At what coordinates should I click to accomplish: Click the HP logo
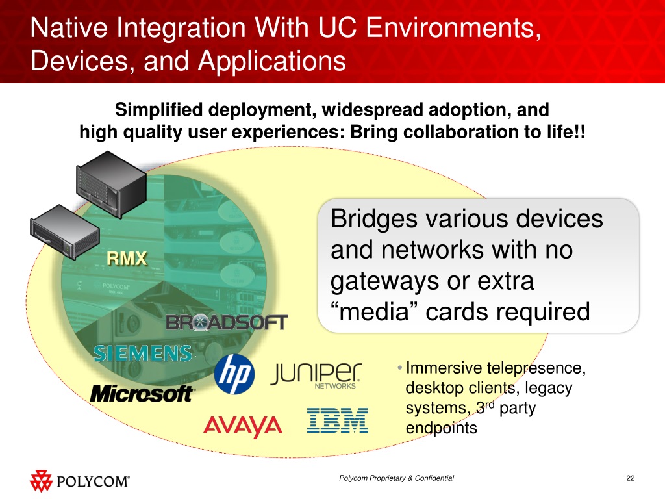coord(234,374)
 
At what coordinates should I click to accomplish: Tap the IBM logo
coord(337,421)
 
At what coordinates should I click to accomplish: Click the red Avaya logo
coord(242,426)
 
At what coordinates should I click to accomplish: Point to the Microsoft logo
coord(142,393)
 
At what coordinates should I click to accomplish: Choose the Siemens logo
coord(143,353)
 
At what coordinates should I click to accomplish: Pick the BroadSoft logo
coord(227,322)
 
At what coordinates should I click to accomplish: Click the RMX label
coord(127,259)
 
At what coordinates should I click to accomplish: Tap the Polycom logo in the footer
coord(80,481)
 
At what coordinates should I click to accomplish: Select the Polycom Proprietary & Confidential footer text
coord(397,479)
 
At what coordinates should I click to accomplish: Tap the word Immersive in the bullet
coord(439,369)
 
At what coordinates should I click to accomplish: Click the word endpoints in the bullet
coord(441,429)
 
